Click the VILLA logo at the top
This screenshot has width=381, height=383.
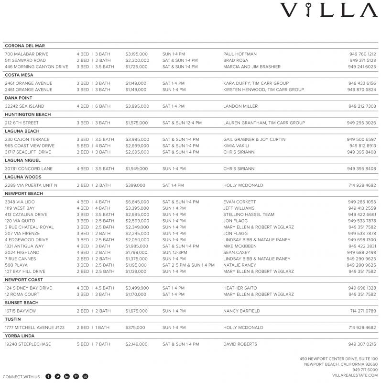coord(328,11)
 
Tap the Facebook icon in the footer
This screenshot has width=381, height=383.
coord(48,377)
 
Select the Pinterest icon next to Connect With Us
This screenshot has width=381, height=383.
coord(76,377)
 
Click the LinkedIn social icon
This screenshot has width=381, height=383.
coord(67,377)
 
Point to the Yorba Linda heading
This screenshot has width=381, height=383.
coord(20,336)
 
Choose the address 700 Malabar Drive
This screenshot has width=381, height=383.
coord(27,54)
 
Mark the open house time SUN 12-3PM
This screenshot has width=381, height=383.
coord(175,252)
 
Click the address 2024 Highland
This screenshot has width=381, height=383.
coord(22,252)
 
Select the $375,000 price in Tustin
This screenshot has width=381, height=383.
coord(135,328)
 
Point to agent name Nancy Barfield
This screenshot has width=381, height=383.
coord(242,311)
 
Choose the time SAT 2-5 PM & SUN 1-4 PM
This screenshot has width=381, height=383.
coord(188,265)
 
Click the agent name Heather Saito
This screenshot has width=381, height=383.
coord(240,288)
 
